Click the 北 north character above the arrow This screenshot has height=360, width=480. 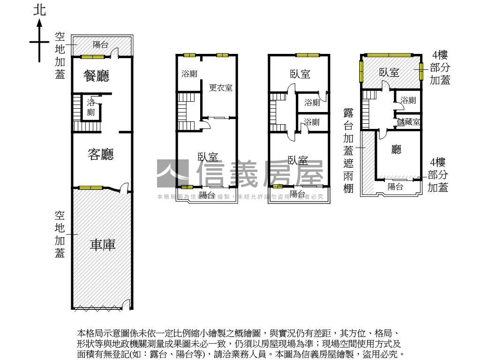click(40, 10)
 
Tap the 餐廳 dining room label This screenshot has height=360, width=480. click(97, 75)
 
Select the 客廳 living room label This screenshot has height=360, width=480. click(101, 154)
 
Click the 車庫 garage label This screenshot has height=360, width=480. click(103, 244)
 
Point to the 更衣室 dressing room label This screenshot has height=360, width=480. click(221, 88)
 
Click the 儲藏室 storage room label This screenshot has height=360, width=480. click(408, 122)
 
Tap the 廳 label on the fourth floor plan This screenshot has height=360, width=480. click(397, 150)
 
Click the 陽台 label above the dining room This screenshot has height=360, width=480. click(100, 45)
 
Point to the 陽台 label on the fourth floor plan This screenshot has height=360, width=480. click(395, 187)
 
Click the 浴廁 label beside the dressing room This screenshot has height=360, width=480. click(189, 74)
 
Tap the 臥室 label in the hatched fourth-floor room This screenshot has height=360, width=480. click(389, 72)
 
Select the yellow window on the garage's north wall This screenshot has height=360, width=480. click(91, 188)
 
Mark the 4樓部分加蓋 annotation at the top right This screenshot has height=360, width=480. click(440, 67)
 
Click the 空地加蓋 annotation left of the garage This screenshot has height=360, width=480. click(60, 234)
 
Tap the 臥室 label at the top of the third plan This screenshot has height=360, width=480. click(300, 74)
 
